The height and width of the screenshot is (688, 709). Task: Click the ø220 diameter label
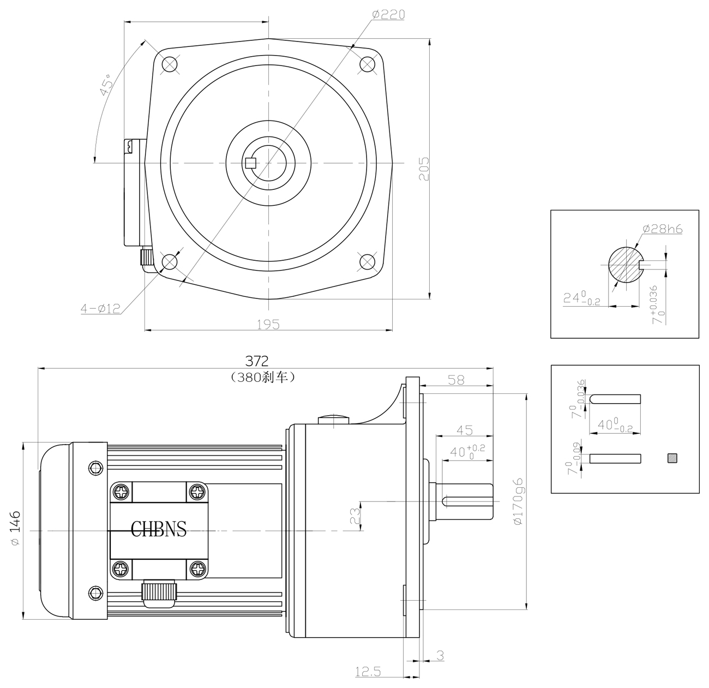[x=388, y=15]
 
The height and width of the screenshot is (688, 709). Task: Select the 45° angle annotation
[x=106, y=85]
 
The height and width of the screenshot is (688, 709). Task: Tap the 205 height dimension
[x=424, y=169]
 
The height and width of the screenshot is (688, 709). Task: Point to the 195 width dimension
[x=268, y=324]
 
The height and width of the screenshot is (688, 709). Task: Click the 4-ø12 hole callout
[x=100, y=309]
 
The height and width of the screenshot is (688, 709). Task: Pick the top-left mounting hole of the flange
[x=170, y=64]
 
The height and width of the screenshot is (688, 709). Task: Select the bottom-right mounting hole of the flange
[x=367, y=262]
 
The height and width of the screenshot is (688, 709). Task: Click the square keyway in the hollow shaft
[x=251, y=163]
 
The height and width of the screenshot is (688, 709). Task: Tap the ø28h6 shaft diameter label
[x=662, y=229]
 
